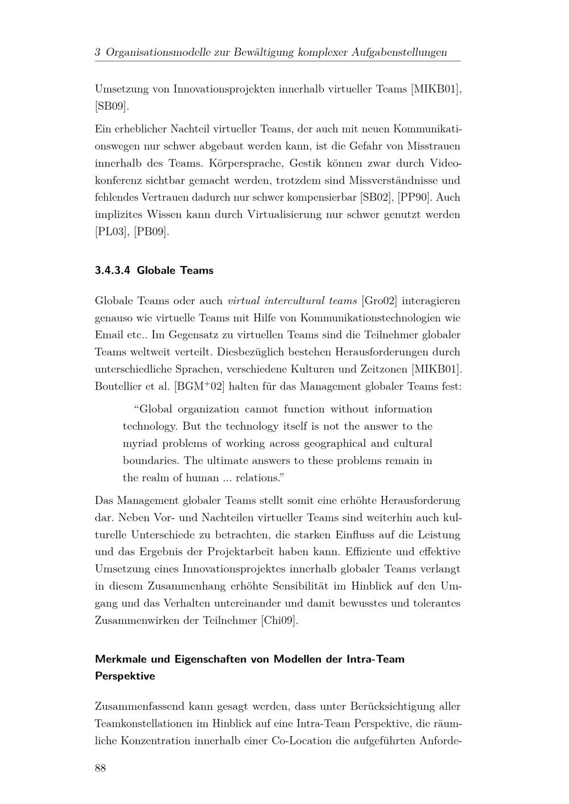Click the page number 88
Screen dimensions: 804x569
click(x=100, y=768)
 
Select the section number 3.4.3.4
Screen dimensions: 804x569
click(x=113, y=271)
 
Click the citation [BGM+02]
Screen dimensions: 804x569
click(x=199, y=387)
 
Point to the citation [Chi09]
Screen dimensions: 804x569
click(x=279, y=620)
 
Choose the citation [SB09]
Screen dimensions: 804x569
click(x=112, y=106)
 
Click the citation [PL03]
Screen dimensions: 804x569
click(x=112, y=232)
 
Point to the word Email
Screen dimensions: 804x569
click(x=108, y=335)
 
